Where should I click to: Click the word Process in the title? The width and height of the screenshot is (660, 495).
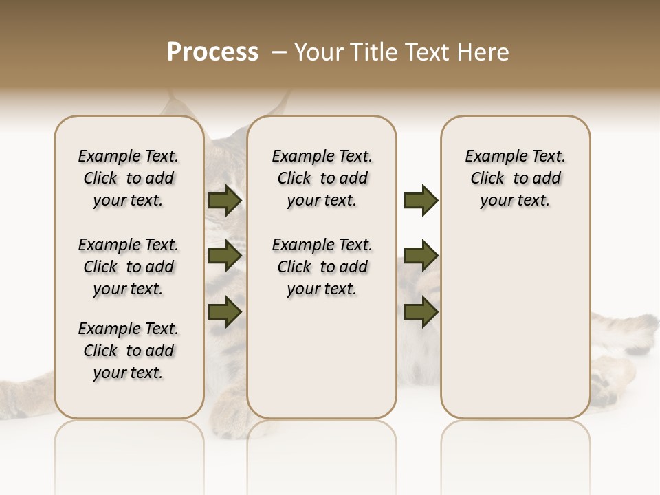click(212, 52)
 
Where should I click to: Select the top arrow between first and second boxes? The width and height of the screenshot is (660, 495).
click(224, 200)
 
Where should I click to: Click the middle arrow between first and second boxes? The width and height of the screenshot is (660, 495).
click(224, 256)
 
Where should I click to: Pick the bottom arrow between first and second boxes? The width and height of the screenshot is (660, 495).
click(224, 311)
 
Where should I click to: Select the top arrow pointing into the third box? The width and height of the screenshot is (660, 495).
click(421, 200)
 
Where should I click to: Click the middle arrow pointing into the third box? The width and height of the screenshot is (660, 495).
click(421, 256)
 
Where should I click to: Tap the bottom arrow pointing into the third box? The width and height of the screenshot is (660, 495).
click(421, 311)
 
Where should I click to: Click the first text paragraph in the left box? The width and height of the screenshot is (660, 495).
click(129, 178)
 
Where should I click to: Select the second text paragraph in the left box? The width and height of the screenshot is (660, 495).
click(129, 267)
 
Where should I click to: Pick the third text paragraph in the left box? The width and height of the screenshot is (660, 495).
click(129, 351)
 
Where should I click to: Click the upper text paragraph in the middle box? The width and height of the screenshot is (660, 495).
click(322, 178)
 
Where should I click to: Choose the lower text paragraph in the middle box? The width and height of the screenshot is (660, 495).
click(322, 267)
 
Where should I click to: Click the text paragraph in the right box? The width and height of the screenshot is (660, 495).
click(515, 178)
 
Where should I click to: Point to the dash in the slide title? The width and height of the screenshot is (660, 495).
click(279, 52)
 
